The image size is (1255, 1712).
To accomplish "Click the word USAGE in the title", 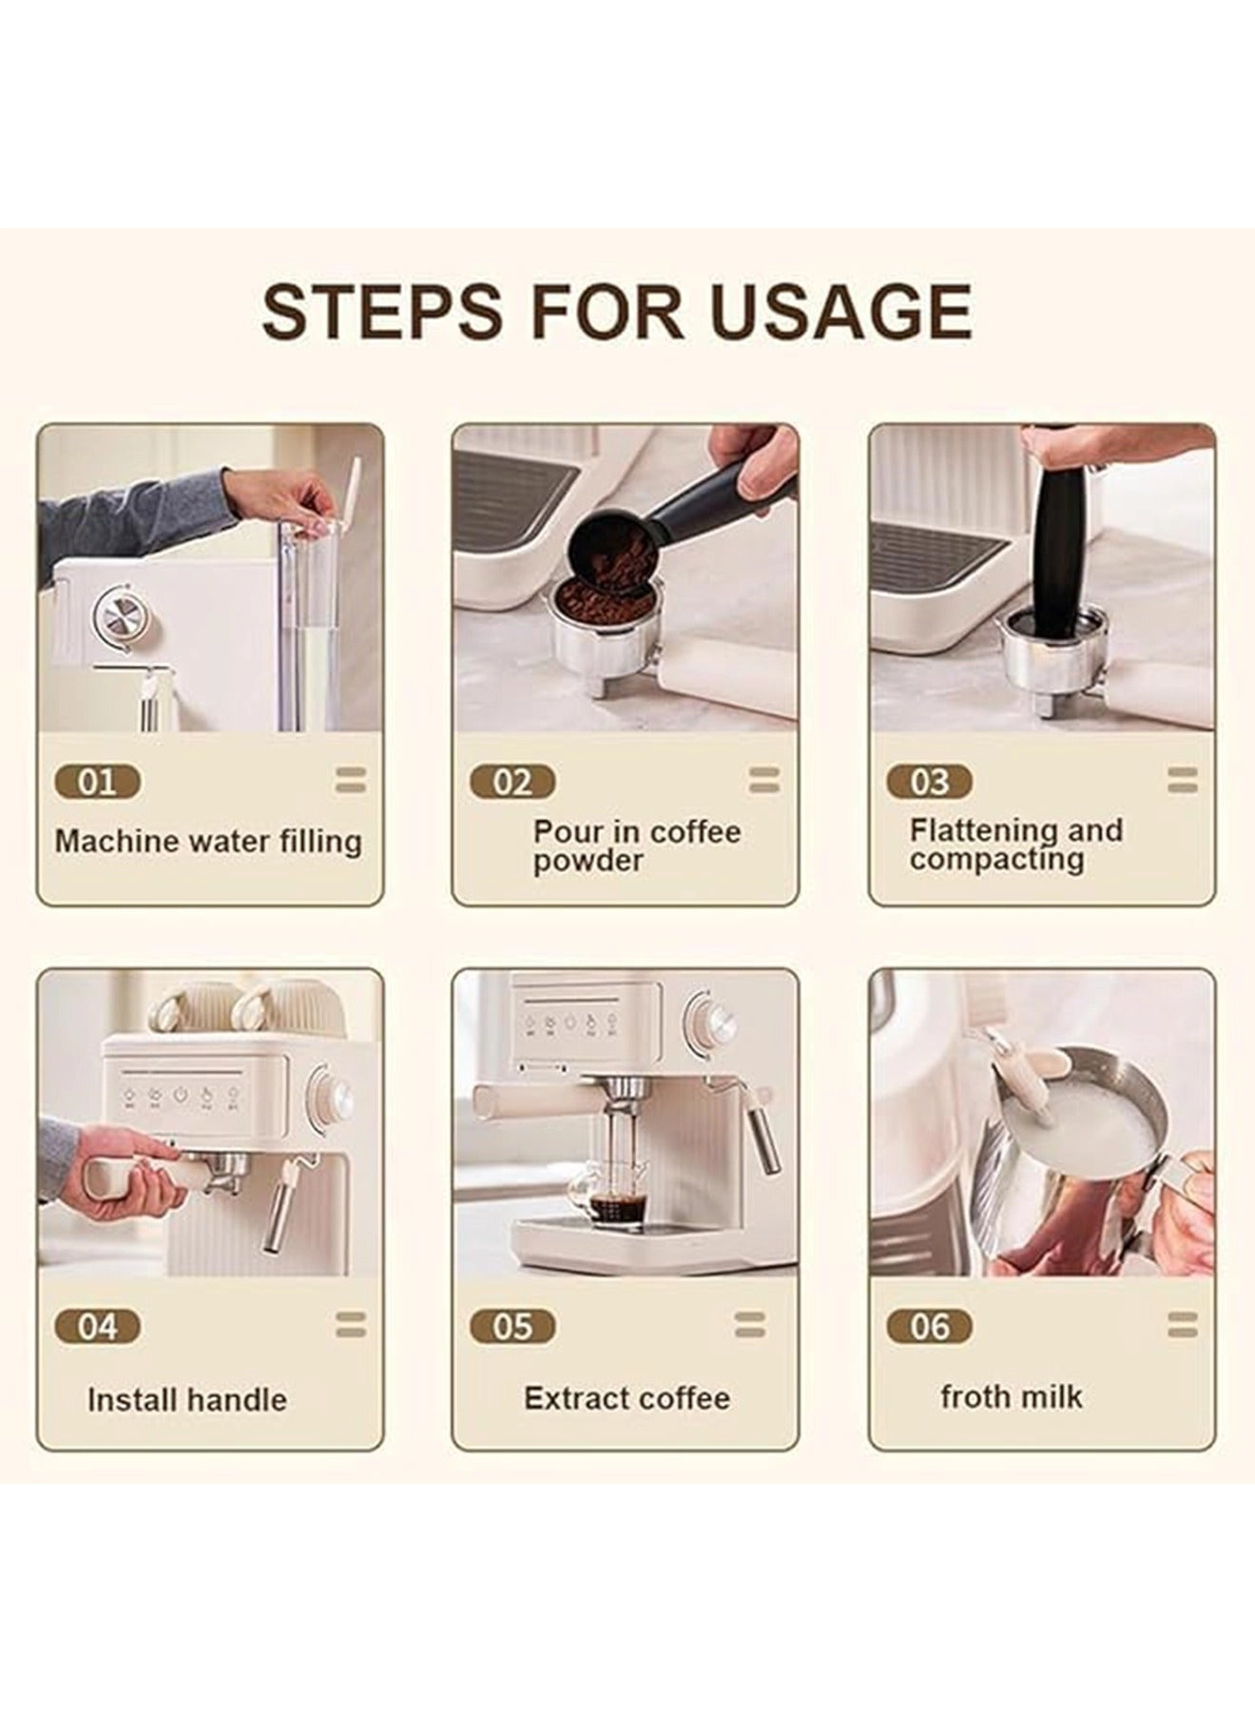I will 840,310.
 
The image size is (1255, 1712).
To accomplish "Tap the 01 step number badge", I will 97,783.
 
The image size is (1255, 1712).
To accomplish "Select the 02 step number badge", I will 512,783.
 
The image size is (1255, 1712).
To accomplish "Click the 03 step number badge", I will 929,783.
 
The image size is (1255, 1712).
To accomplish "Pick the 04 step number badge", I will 97,1327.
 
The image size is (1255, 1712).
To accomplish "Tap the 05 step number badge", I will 512,1327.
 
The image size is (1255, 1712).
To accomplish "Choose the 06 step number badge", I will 929,1327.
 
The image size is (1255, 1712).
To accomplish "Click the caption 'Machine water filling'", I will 208,842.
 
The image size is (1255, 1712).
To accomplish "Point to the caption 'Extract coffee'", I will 627,1398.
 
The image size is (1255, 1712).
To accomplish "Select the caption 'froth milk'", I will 1011,1396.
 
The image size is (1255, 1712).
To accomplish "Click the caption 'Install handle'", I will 186,1400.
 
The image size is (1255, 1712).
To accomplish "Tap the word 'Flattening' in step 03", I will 984,829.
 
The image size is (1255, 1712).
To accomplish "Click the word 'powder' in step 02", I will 588,862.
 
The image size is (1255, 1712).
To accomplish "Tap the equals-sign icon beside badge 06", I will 1182,1325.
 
